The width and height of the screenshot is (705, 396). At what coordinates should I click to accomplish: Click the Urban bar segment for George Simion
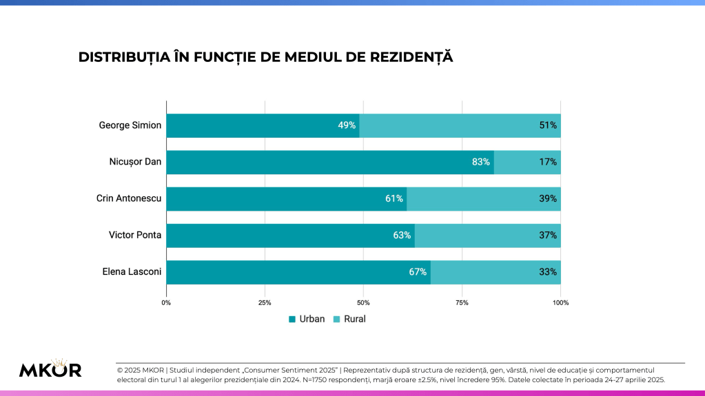[262, 125]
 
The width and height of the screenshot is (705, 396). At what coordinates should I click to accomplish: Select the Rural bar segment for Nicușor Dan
[527, 162]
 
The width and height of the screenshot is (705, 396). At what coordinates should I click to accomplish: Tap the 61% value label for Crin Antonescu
[394, 199]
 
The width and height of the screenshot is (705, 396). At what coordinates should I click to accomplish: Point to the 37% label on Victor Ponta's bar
[549, 236]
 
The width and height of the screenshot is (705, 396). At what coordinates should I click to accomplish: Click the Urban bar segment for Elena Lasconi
[298, 272]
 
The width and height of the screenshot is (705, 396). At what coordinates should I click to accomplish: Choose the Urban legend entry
[307, 319]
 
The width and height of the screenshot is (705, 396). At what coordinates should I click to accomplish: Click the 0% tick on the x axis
[166, 302]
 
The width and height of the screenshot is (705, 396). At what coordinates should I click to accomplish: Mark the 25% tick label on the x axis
[265, 302]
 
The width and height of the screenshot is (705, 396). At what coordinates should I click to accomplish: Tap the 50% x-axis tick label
[363, 302]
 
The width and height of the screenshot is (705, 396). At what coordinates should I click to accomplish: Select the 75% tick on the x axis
[462, 302]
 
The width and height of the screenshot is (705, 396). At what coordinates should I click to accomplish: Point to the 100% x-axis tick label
[560, 302]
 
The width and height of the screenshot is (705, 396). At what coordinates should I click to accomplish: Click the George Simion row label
[130, 125]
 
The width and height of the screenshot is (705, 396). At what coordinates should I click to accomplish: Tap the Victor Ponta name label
[135, 236]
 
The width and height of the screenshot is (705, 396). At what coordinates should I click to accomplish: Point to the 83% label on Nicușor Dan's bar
[481, 162]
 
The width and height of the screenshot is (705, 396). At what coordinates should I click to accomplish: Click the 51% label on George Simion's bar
[549, 125]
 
